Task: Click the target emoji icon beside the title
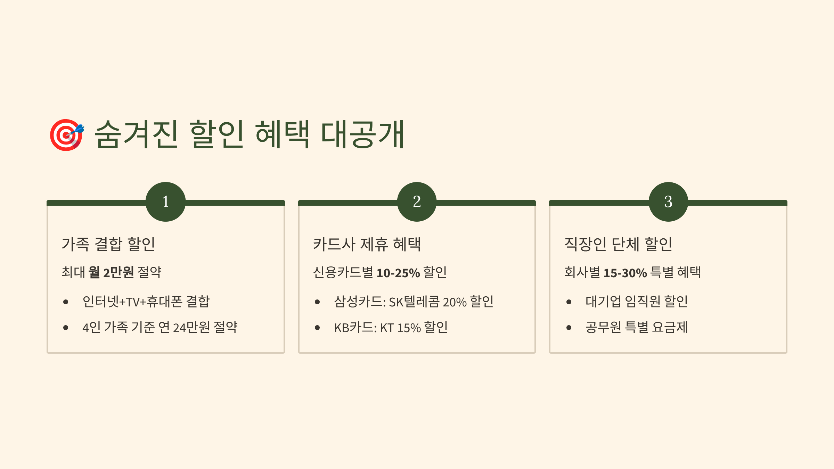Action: click(66, 135)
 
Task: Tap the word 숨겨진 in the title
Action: click(136, 134)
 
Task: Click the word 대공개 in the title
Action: click(362, 134)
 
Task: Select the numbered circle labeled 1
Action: click(165, 202)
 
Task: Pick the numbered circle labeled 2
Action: click(417, 202)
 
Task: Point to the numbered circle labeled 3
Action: click(668, 202)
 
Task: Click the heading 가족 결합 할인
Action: click(108, 244)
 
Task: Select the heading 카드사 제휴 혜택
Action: click(367, 244)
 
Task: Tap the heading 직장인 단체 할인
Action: click(618, 244)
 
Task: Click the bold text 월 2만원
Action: click(111, 272)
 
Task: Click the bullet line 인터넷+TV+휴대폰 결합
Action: click(146, 302)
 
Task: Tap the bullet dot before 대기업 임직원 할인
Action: click(569, 302)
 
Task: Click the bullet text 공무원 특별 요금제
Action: click(637, 327)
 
